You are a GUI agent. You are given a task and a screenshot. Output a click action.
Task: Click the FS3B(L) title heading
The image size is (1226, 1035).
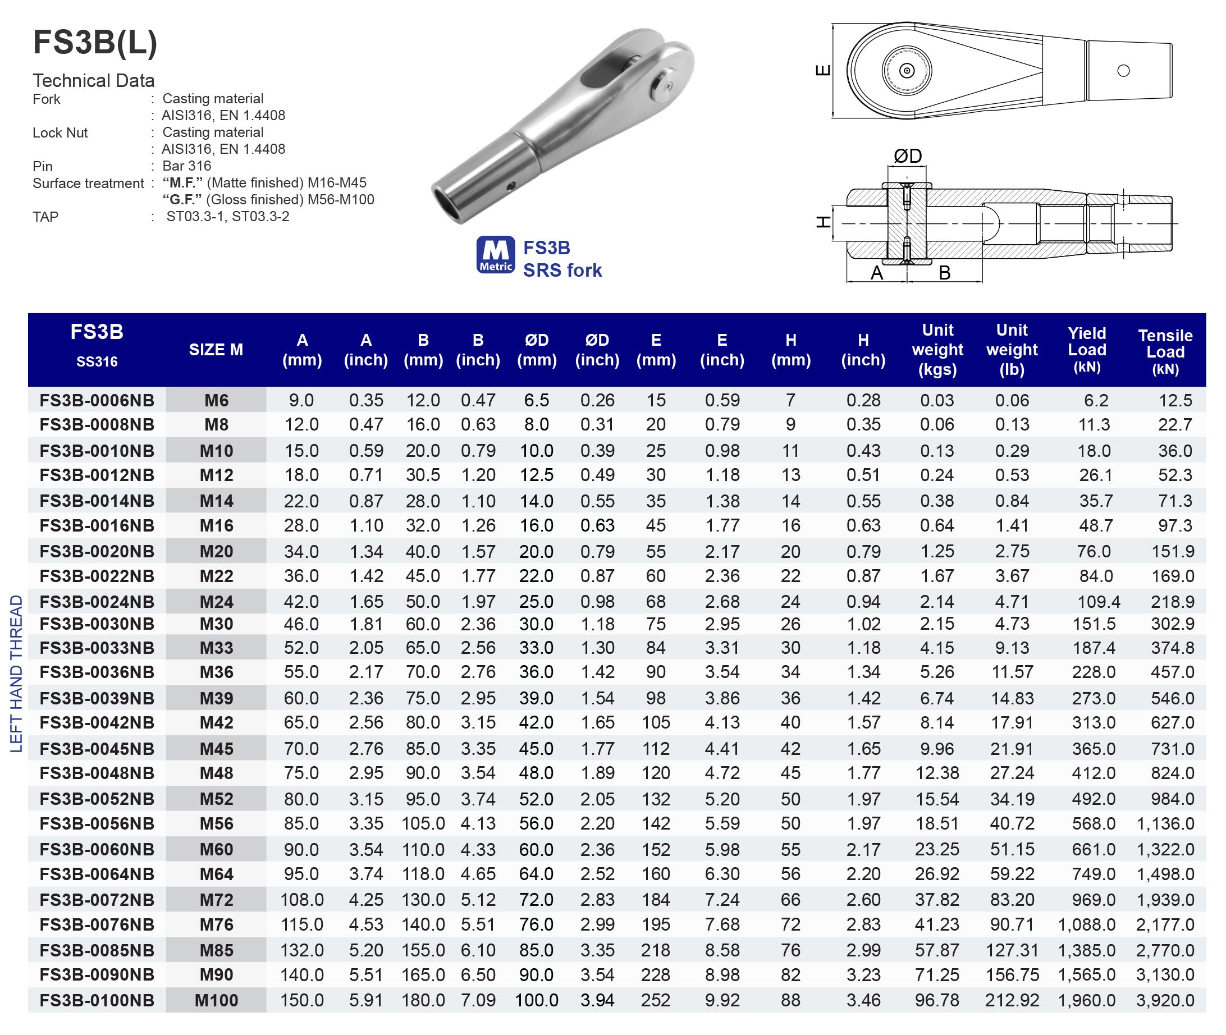(x=95, y=43)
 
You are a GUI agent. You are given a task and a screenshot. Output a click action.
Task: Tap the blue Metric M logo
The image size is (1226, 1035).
(x=495, y=255)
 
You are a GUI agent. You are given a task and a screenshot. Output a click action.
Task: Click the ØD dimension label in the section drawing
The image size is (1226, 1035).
(x=907, y=156)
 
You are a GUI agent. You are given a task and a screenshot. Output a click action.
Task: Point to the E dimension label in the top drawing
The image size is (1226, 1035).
(x=823, y=70)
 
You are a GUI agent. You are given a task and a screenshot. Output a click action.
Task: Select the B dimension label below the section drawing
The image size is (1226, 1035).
(x=944, y=273)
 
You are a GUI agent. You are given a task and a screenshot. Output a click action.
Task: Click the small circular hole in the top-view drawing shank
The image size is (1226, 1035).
(x=1123, y=71)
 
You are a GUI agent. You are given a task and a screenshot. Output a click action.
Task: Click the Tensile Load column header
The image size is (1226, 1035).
(x=1165, y=351)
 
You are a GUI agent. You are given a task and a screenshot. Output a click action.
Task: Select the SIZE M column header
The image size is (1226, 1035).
(x=216, y=350)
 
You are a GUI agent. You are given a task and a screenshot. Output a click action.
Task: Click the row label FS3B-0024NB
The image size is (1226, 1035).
(x=97, y=601)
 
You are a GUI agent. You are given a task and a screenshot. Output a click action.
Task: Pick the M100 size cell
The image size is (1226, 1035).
(x=216, y=1000)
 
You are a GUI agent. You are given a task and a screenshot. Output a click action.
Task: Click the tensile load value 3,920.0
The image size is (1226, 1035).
(x=1164, y=1000)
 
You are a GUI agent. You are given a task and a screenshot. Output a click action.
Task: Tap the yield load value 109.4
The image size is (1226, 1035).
(x=1098, y=601)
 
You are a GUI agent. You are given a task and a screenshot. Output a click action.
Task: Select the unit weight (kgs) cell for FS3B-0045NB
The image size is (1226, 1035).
(x=937, y=749)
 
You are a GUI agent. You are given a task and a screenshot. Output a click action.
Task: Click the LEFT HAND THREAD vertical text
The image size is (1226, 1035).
(x=16, y=674)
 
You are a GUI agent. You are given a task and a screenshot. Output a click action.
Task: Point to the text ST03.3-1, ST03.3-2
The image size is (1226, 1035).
(x=227, y=217)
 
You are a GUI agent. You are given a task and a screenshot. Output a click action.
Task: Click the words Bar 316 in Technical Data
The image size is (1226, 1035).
(x=186, y=166)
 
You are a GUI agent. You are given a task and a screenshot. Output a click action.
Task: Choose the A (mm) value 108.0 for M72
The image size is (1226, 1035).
(x=301, y=900)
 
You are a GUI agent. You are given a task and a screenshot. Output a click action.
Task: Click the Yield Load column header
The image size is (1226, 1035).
(x=1086, y=350)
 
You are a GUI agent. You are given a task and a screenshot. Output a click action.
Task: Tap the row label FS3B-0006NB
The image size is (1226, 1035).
(x=97, y=400)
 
